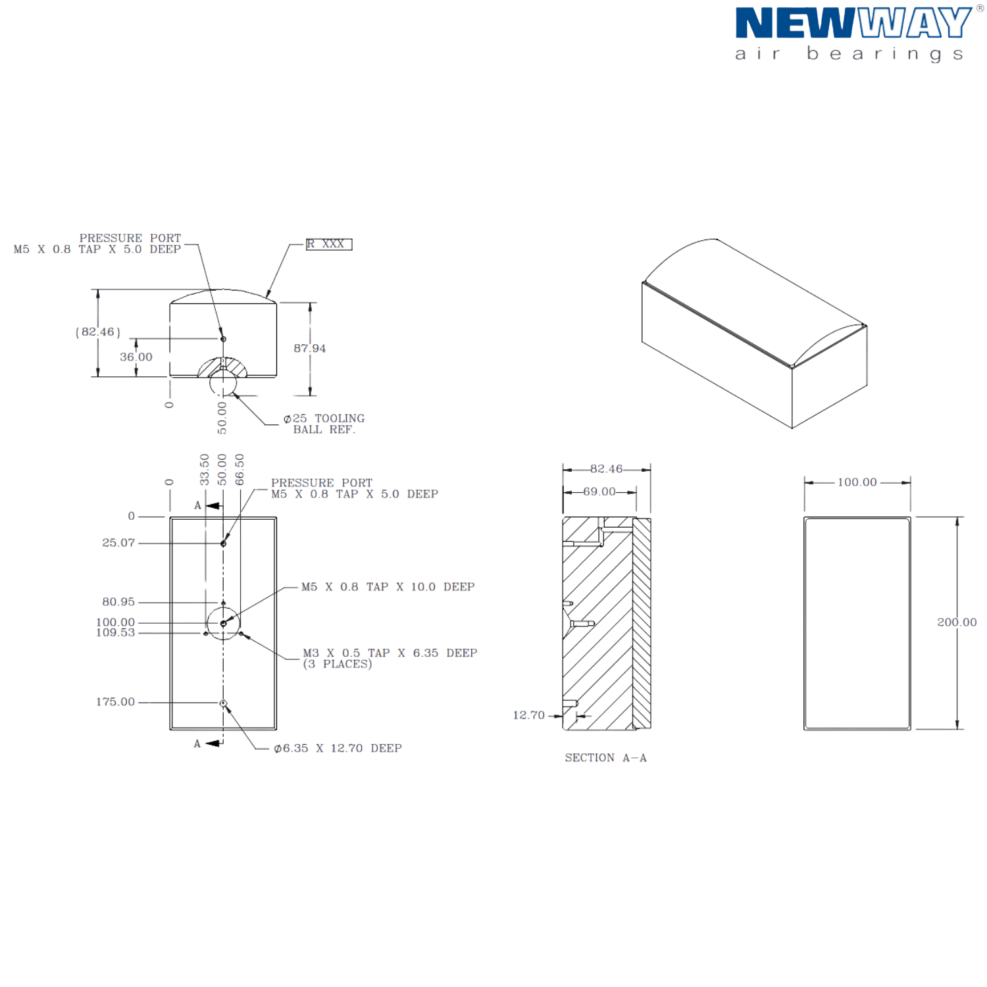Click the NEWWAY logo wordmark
tap(853, 23)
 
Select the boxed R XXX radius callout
tap(329, 244)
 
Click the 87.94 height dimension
tap(310, 348)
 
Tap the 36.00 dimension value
tap(136, 357)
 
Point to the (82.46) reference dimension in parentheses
tap(98, 332)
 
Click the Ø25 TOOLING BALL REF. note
tap(324, 424)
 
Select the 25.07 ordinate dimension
tap(118, 543)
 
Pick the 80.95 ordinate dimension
tap(118, 602)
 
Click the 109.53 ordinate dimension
tap(115, 632)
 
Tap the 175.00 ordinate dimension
tap(115, 702)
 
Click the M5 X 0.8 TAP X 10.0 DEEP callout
tap(388, 587)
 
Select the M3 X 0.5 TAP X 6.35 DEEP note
tap(390, 658)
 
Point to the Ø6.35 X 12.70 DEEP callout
tap(338, 748)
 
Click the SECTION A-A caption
tap(606, 758)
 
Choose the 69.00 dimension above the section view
tap(599, 492)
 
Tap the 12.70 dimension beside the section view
tap(529, 715)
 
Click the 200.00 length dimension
tap(957, 622)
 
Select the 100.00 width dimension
tap(857, 482)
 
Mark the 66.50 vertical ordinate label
tap(240, 469)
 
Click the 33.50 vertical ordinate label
tap(205, 469)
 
